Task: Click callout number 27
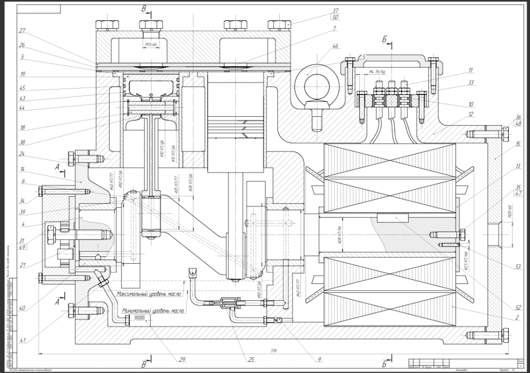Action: point(22,30)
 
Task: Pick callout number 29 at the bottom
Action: point(182,360)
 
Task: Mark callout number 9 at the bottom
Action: point(320,360)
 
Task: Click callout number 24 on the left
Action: point(22,154)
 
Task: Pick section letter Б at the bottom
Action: point(383,363)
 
